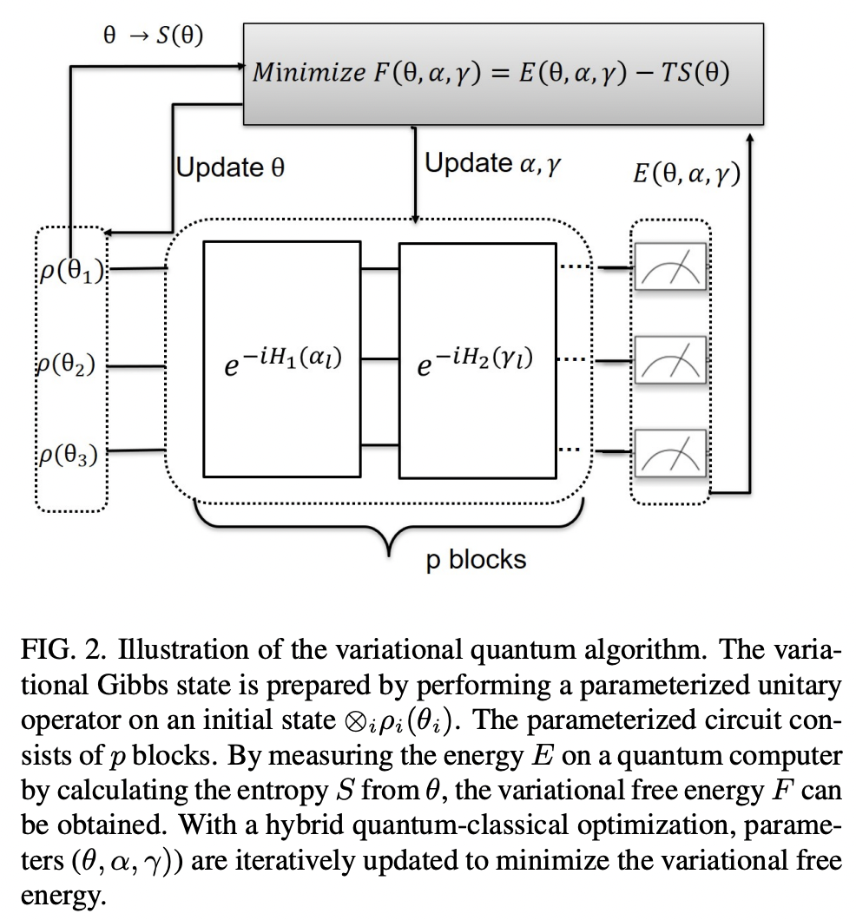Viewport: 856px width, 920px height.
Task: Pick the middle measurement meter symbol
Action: pyautogui.click(x=670, y=359)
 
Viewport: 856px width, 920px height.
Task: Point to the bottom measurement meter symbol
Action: pyautogui.click(x=670, y=451)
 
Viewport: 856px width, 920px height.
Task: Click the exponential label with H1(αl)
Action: pyautogui.click(x=280, y=360)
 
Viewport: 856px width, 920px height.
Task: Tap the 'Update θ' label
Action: pyautogui.click(x=230, y=167)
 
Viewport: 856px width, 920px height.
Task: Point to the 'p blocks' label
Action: pyautogui.click(x=476, y=560)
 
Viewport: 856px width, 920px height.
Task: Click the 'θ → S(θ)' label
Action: pyautogui.click(x=153, y=36)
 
